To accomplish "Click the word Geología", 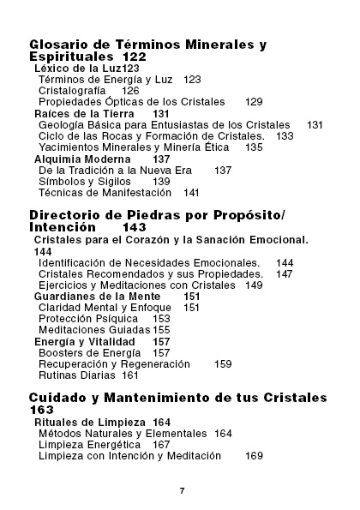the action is (x=62, y=124).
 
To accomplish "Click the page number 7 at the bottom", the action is (x=182, y=489).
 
